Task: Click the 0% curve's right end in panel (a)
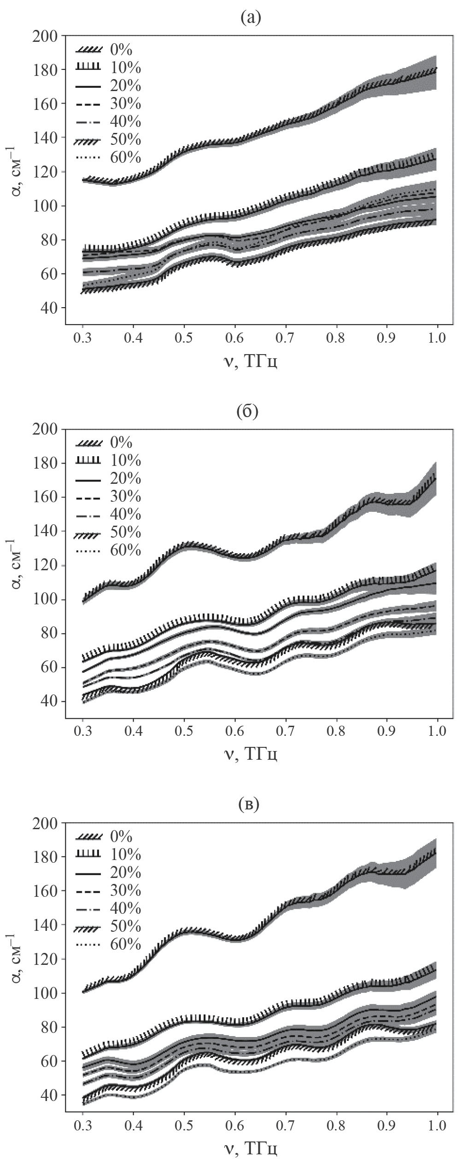[x=436, y=68]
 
